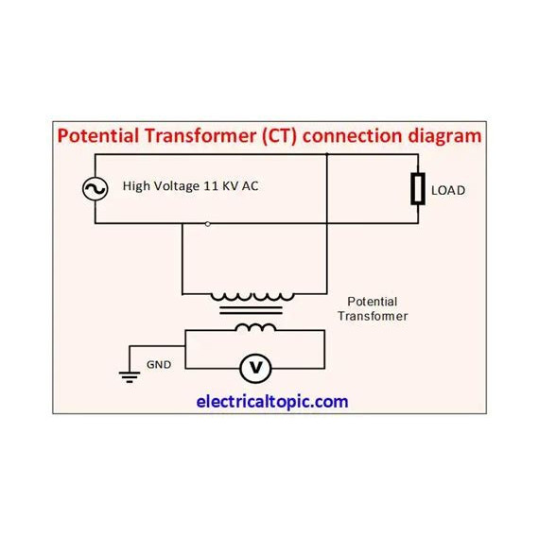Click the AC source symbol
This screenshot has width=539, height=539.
(x=96, y=189)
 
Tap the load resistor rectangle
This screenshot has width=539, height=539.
(x=418, y=189)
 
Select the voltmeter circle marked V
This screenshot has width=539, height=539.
(x=255, y=369)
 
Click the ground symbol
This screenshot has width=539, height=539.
(x=130, y=376)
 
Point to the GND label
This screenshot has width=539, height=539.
(x=159, y=364)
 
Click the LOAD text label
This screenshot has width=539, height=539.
(x=448, y=190)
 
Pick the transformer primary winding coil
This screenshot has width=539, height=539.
(x=252, y=296)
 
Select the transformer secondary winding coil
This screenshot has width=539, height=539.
(x=255, y=327)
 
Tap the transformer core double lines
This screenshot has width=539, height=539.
(x=251, y=310)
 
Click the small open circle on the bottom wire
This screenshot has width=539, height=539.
(x=208, y=224)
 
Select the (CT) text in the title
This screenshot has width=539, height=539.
(x=279, y=136)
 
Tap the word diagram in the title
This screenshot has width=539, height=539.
(x=444, y=136)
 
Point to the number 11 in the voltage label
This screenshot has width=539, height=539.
(x=211, y=186)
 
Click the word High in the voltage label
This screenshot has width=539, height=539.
(x=136, y=186)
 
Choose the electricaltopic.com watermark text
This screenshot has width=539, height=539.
(x=272, y=402)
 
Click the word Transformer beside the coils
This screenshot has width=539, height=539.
(x=373, y=316)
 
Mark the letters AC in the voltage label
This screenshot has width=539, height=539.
(x=250, y=186)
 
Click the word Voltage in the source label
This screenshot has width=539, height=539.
(x=176, y=186)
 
